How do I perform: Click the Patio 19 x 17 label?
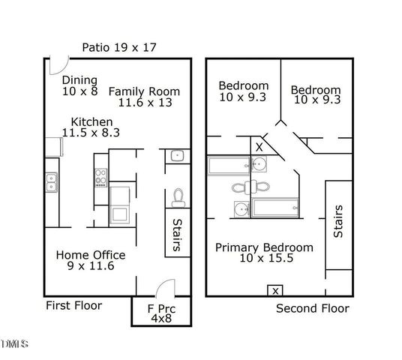(119, 48)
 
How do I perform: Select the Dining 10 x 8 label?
(80, 86)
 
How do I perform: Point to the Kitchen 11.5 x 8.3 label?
(91, 127)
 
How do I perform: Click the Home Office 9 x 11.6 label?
(90, 260)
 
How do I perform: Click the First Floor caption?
(73, 305)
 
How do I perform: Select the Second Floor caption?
(312, 308)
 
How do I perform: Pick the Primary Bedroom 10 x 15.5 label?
(264, 253)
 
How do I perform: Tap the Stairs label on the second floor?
(338, 221)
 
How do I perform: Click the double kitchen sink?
(51, 182)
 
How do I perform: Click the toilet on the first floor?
(178, 197)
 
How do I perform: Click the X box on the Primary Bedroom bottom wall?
(275, 290)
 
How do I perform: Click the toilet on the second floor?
(241, 187)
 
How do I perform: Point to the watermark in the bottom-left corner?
(14, 344)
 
